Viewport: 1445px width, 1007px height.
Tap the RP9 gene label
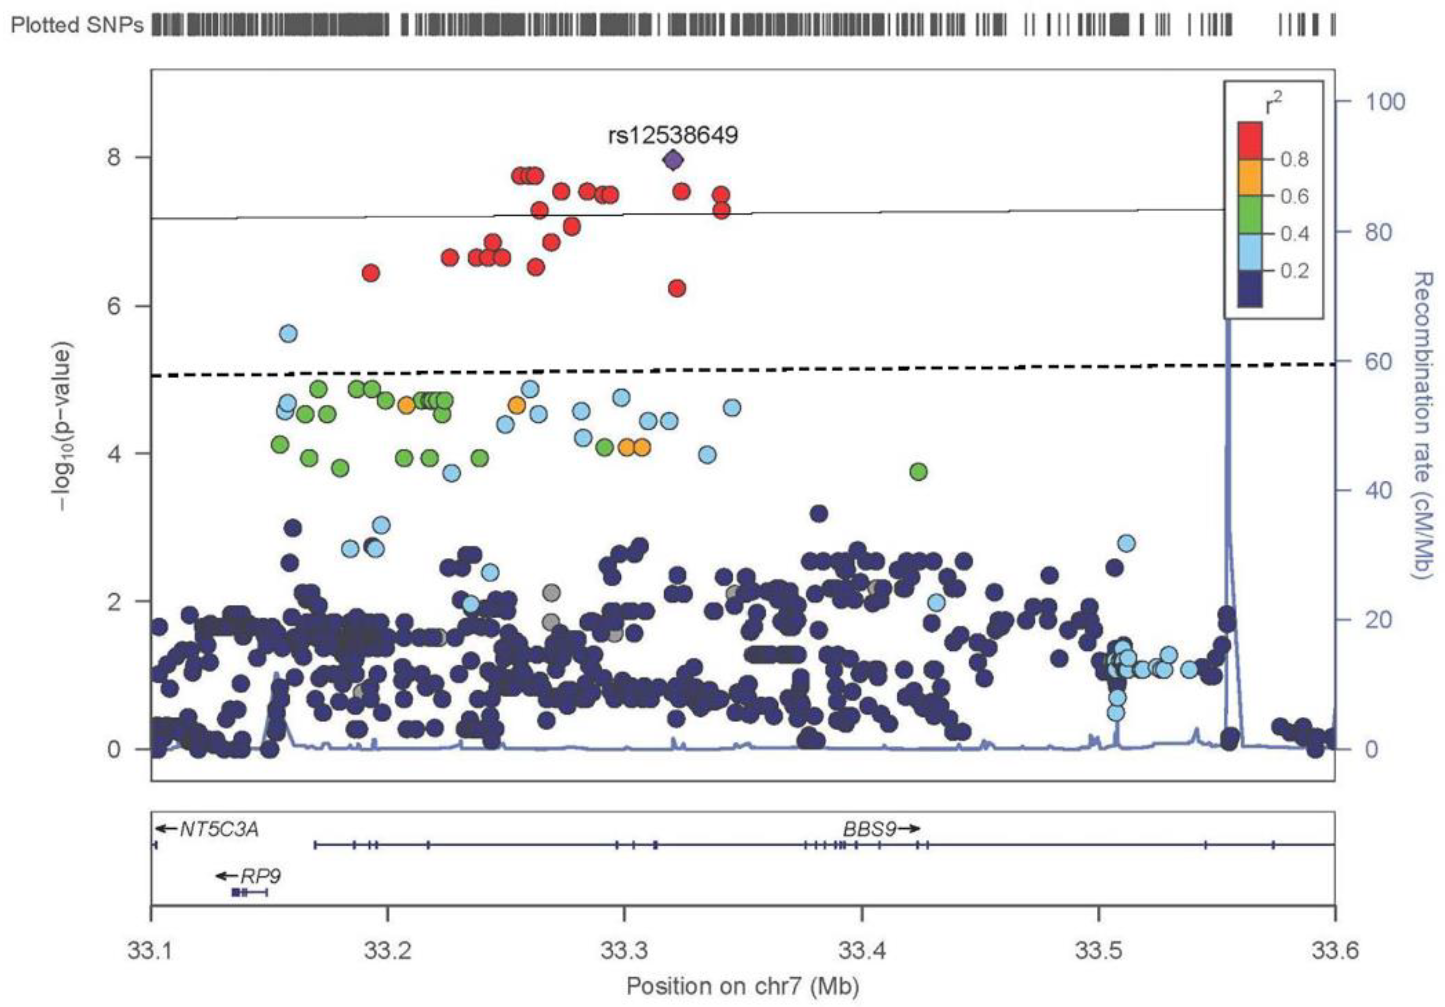click(x=260, y=876)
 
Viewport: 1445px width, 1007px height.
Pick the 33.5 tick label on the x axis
click(x=1099, y=950)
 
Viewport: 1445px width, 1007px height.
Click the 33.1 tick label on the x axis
click(x=151, y=950)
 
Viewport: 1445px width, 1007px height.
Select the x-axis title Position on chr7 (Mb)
click(x=743, y=985)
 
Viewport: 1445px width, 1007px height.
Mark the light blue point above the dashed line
click(x=288, y=333)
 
